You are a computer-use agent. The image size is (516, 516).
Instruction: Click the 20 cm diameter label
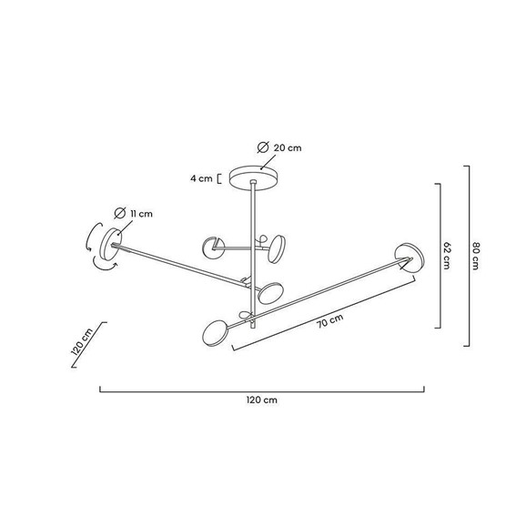[x=288, y=148]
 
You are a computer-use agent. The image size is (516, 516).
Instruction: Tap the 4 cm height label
[x=201, y=178]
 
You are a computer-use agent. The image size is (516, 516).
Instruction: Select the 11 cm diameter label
[x=141, y=214]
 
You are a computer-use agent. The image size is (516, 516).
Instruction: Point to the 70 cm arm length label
[x=330, y=320]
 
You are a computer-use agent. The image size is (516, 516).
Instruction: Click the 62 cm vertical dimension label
[x=447, y=256]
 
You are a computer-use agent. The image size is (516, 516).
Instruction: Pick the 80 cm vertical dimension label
[x=476, y=256]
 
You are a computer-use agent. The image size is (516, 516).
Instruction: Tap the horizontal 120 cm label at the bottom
[x=262, y=400]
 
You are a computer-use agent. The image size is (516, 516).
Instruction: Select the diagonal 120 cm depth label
[x=82, y=342]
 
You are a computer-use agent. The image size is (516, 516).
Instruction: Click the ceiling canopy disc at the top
[x=253, y=177]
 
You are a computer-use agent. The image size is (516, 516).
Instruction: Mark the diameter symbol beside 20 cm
[x=263, y=147]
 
